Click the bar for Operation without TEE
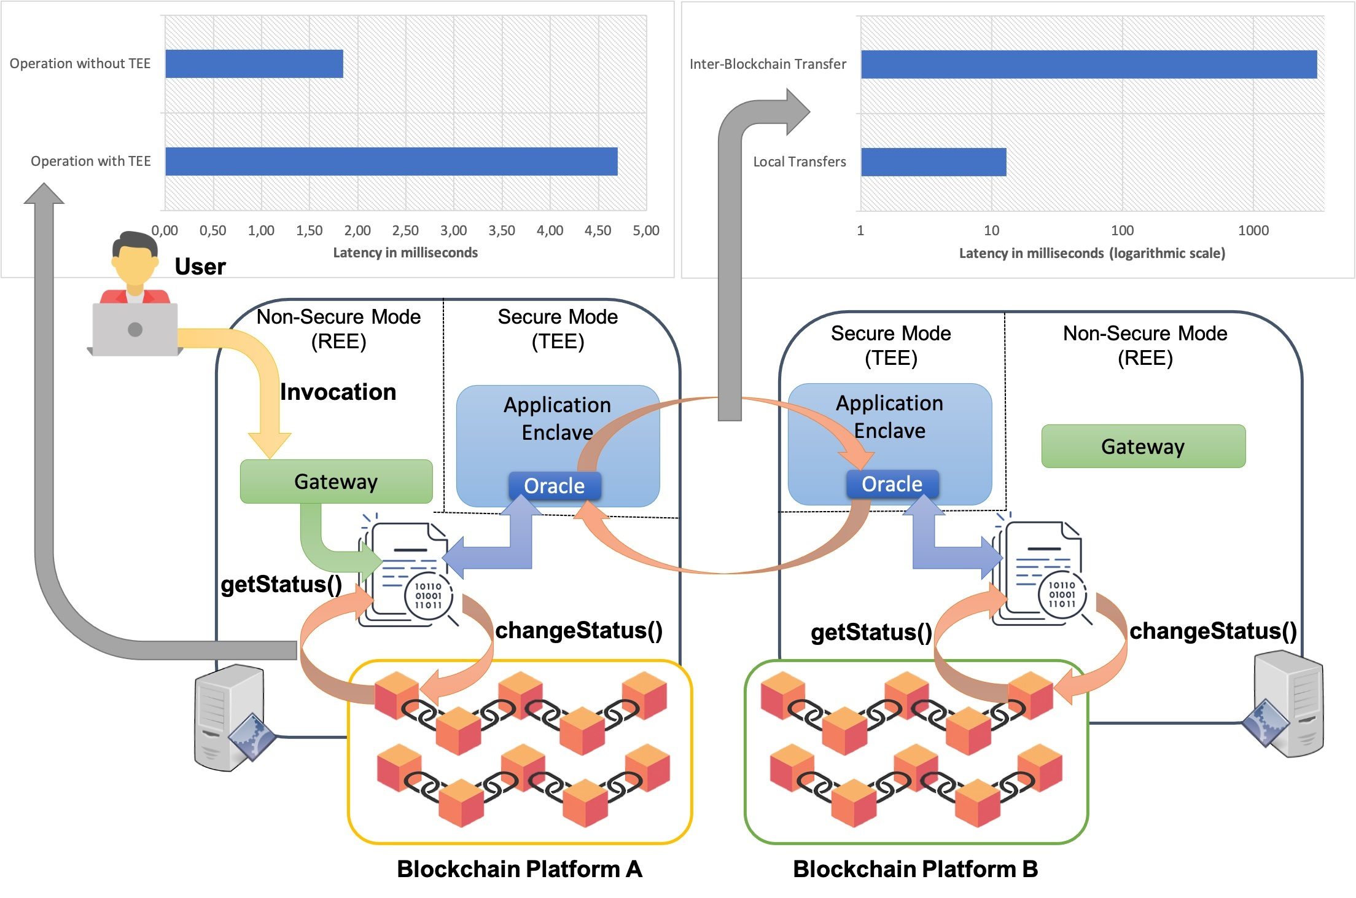point(254,64)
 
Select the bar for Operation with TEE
point(391,162)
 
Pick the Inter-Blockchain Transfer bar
point(1088,64)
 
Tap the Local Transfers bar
point(933,162)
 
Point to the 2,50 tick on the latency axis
point(405,231)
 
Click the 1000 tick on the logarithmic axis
point(1253,231)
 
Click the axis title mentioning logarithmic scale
point(1092,254)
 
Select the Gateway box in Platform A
point(336,482)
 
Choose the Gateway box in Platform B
point(1143,447)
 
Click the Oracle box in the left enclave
point(554,486)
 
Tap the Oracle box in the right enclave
point(892,484)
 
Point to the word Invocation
point(338,392)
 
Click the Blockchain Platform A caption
point(519,869)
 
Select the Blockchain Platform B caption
point(915,869)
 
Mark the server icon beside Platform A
point(230,717)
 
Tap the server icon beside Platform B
point(1287,705)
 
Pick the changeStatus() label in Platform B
point(1213,631)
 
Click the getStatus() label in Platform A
point(281,584)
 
